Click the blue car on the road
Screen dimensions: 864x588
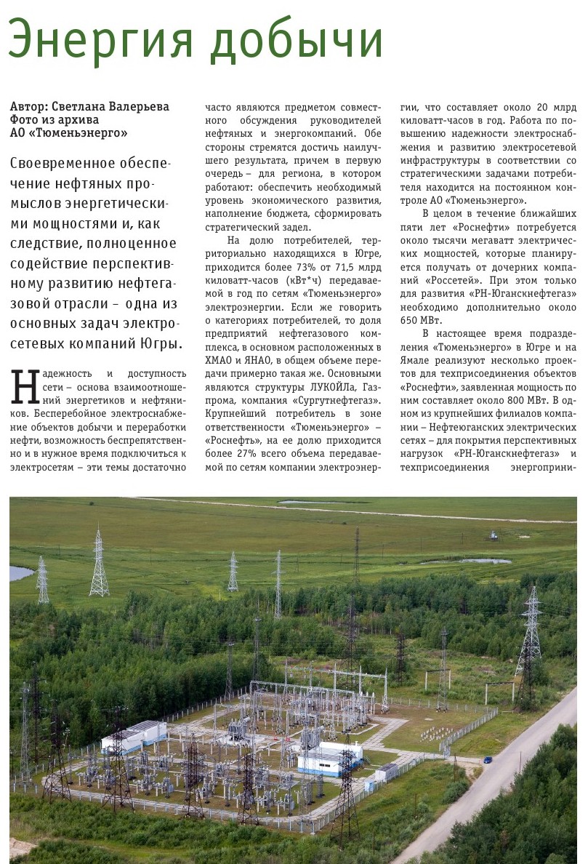pyautogui.click(x=487, y=760)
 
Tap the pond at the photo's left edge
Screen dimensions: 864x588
pyautogui.click(x=20, y=573)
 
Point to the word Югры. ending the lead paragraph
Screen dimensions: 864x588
pyautogui.click(x=156, y=343)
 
